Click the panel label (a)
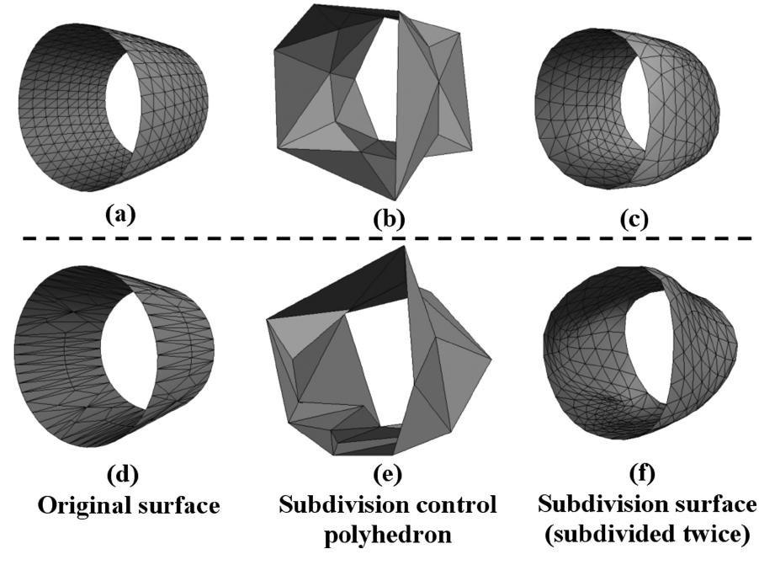(120, 214)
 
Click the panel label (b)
(390, 219)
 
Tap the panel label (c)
(634, 220)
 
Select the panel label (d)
(123, 473)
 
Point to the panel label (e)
(388, 473)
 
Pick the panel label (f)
(643, 473)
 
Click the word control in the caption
(448, 505)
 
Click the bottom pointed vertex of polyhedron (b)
(395, 200)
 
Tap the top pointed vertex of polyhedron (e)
(403, 246)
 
